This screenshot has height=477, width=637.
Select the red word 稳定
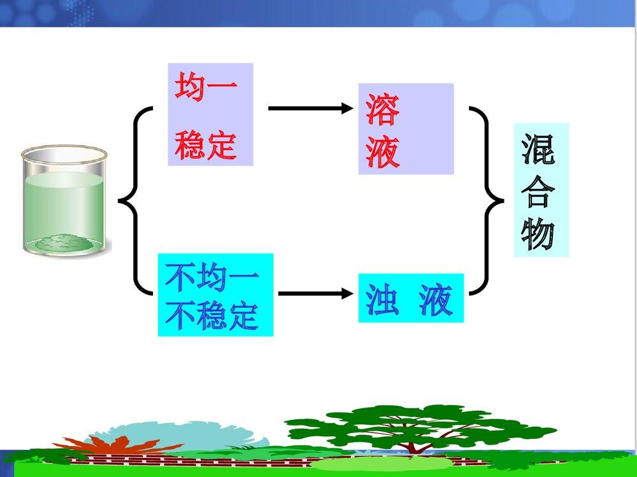[x=206, y=146]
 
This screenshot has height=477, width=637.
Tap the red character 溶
[x=383, y=110]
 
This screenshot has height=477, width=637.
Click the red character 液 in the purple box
[x=383, y=153]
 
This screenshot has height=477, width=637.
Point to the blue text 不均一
[x=213, y=277]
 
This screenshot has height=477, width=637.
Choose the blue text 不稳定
[x=213, y=316]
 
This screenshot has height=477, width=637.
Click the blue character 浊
[x=383, y=300]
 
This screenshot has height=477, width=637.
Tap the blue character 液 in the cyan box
[x=436, y=300]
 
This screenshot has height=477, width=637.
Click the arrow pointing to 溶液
[x=310, y=108]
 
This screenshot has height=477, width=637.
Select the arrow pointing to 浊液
[x=315, y=294]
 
